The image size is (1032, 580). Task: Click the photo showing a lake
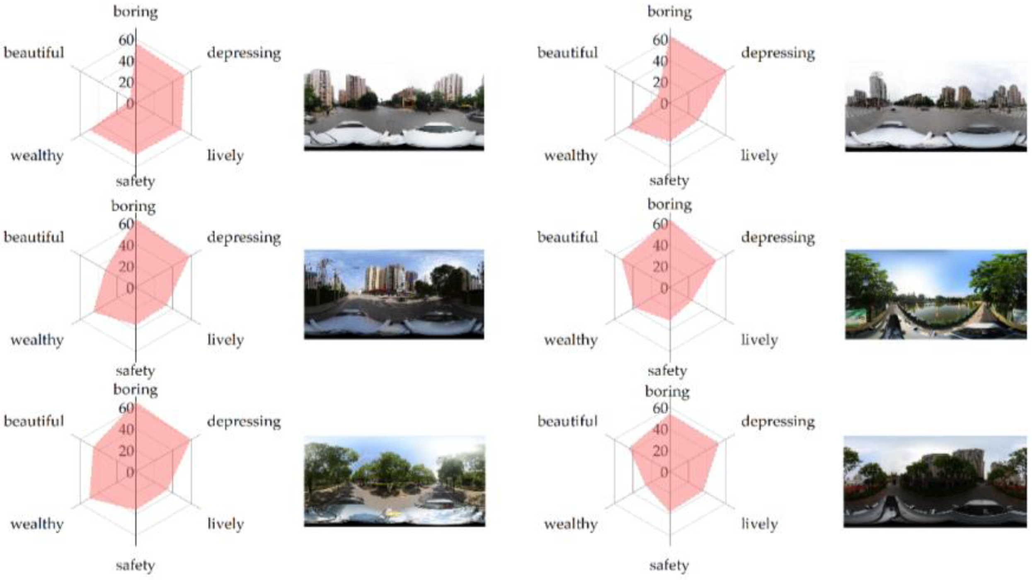point(936,294)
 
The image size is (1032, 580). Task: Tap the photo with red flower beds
point(935,481)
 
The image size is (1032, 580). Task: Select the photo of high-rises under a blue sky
point(394,294)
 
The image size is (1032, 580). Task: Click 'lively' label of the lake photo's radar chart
point(759,340)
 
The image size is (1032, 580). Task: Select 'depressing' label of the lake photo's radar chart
point(778,238)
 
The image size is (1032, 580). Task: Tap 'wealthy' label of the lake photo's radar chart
point(571,340)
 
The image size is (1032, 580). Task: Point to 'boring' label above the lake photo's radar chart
point(669,205)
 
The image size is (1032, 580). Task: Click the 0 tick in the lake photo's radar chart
point(664,289)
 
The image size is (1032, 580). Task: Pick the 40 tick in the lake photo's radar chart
point(660,246)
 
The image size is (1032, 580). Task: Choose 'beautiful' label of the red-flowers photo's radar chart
point(567,421)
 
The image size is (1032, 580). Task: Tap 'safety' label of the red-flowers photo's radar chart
point(669,565)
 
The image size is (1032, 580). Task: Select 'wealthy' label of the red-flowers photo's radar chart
point(571,524)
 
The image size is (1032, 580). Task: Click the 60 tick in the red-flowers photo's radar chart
point(660,408)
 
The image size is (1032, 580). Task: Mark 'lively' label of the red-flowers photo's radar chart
point(759,524)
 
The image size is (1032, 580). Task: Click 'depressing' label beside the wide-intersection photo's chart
point(778,53)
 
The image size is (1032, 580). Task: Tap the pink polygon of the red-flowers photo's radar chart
point(671,464)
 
